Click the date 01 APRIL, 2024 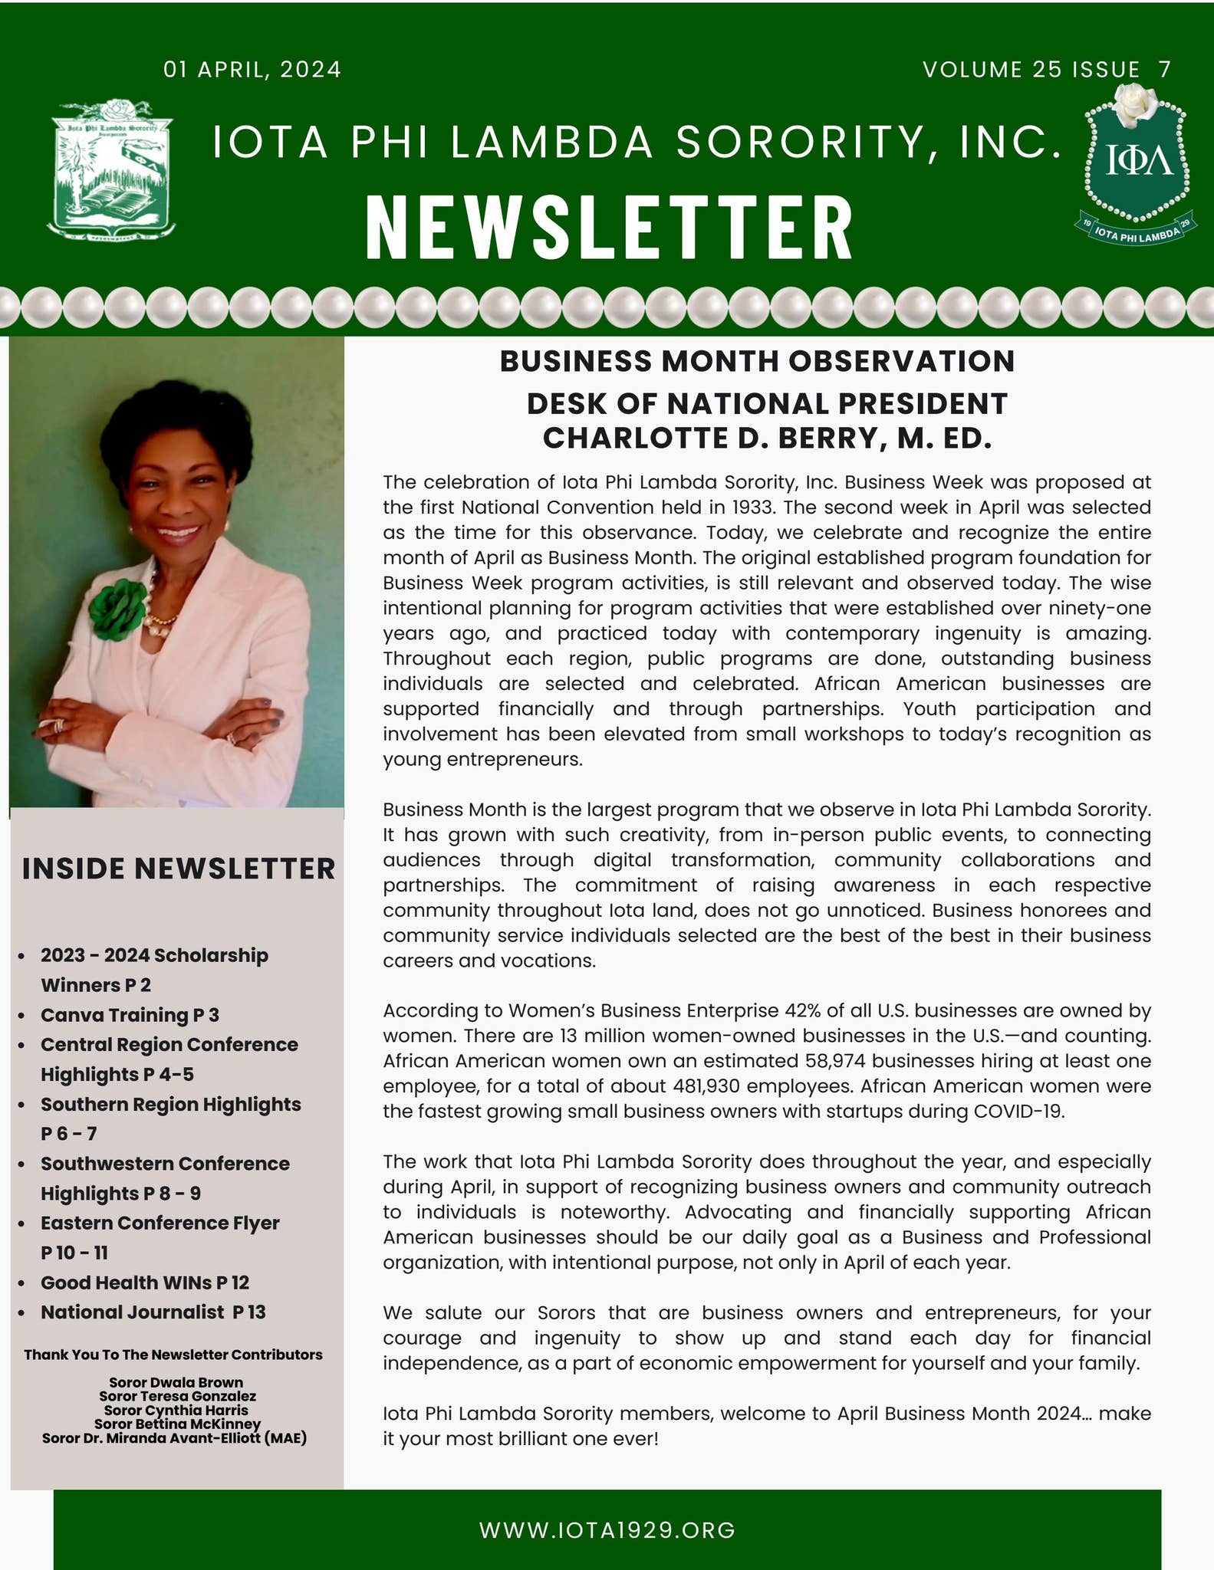click(x=252, y=70)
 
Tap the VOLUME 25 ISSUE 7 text click(x=1047, y=70)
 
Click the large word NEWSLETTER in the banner click(x=609, y=228)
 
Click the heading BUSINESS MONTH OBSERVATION click(x=757, y=361)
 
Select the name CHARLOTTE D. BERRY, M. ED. click(x=767, y=438)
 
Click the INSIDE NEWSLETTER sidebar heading click(x=179, y=869)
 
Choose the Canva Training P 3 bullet click(x=130, y=1015)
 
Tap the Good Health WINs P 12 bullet click(x=144, y=1283)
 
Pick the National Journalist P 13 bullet click(x=153, y=1312)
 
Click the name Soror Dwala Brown click(x=176, y=1383)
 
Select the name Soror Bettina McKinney click(x=177, y=1424)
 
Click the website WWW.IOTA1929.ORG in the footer click(x=607, y=1530)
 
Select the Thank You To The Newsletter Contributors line click(x=173, y=1355)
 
